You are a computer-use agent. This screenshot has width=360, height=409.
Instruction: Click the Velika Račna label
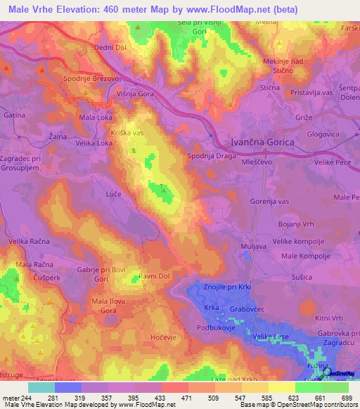click(29, 242)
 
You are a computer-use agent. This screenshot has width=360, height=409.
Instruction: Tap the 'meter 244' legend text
click(16, 398)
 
